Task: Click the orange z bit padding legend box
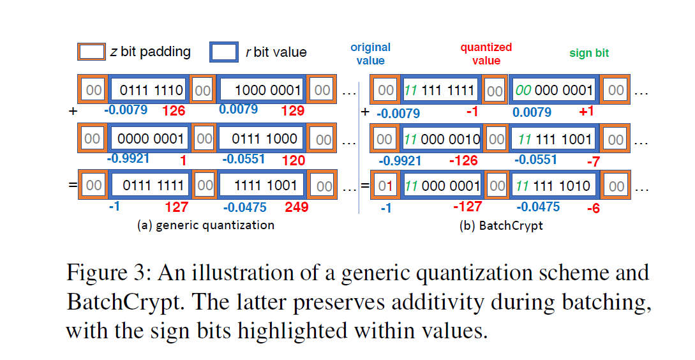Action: coord(91,52)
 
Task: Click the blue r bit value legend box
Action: coord(224,52)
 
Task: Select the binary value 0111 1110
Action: coord(151,91)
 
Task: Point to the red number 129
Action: coord(293,111)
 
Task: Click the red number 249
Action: coord(297,207)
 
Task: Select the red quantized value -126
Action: coord(463,160)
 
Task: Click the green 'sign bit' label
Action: coord(589,54)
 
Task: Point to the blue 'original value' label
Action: coord(370,54)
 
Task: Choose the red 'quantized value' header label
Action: coord(486,54)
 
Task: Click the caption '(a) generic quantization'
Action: coord(206,225)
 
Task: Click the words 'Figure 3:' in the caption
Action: coord(106,273)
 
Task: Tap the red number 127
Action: coord(176,207)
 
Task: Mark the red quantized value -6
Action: coord(593,208)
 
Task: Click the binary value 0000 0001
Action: coord(151,139)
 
